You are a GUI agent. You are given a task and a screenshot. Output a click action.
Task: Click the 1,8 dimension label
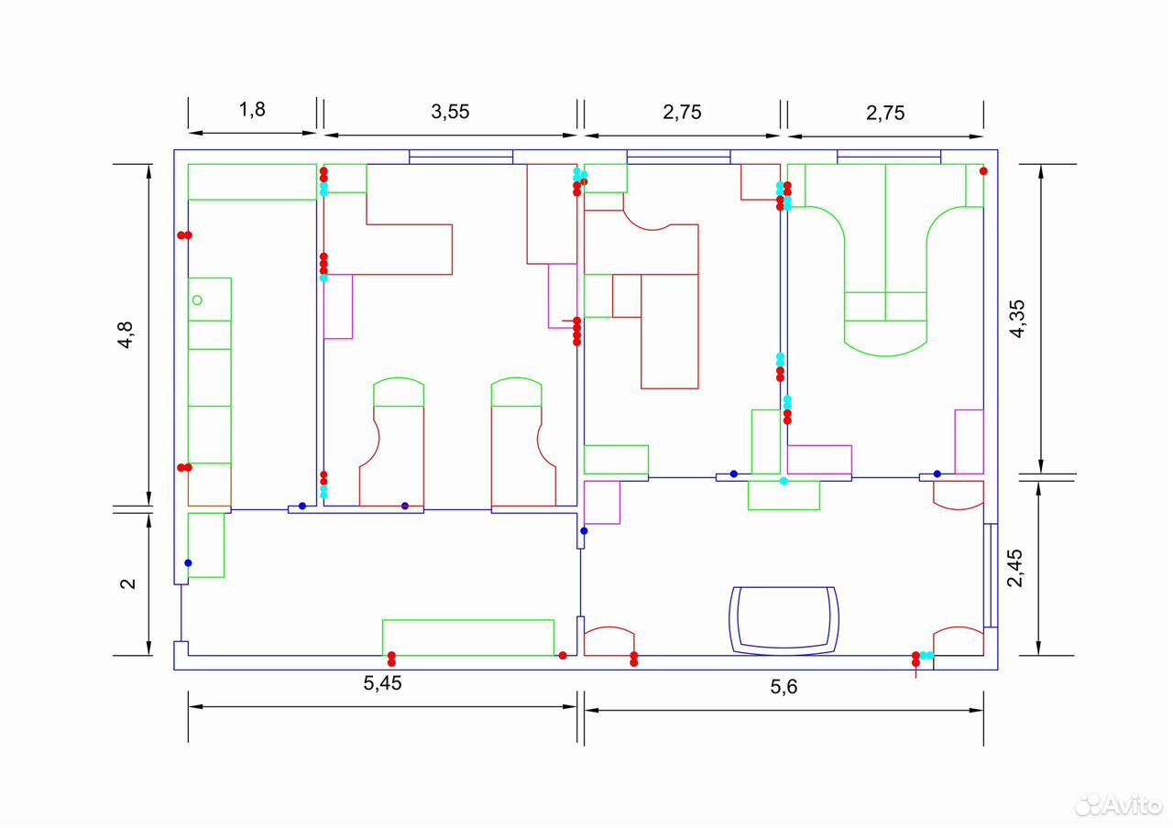pos(252,109)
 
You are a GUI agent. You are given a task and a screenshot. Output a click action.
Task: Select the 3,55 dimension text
pos(450,112)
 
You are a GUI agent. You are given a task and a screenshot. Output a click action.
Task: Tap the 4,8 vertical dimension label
pos(126,335)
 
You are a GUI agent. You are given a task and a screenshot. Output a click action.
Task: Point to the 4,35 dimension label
pos(1018,319)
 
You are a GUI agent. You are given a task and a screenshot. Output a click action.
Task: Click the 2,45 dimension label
pos(1014,568)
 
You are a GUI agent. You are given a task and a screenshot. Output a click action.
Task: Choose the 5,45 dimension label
pos(382,683)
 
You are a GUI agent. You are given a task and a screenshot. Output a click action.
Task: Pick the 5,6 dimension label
pos(784,687)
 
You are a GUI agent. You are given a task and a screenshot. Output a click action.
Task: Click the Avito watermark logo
pos(1119,804)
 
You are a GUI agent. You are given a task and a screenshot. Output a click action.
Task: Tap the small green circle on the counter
pos(197,300)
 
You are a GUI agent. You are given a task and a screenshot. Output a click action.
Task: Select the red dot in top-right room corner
pos(983,171)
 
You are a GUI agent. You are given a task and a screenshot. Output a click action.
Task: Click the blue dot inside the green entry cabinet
pos(188,562)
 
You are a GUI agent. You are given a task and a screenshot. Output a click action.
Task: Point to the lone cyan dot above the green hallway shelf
pos(784,481)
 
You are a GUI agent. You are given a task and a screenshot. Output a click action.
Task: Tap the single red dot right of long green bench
pos(563,655)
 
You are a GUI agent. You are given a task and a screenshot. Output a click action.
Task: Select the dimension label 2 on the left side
pos(127,583)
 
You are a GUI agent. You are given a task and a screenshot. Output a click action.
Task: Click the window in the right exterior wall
pos(991,574)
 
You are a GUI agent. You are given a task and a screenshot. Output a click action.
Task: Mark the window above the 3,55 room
pos(461,157)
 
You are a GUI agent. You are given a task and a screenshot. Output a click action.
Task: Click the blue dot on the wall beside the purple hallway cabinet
pos(584,530)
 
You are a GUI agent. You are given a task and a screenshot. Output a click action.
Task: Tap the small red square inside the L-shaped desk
pos(626,296)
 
